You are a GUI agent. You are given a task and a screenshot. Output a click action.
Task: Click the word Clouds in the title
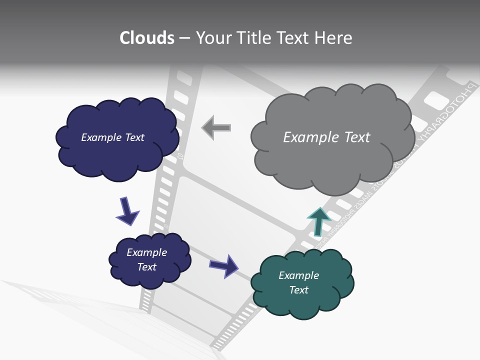(x=147, y=38)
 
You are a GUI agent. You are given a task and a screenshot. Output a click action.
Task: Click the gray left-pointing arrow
(x=216, y=127)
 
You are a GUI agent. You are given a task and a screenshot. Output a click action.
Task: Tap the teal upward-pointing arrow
(x=318, y=221)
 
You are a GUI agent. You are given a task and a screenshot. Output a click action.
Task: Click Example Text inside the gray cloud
(x=326, y=137)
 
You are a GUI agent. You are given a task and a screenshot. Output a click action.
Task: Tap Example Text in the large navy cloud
(x=112, y=137)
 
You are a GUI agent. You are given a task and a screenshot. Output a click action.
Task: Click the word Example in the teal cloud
(x=298, y=275)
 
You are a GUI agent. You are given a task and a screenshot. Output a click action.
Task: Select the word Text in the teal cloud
(x=298, y=290)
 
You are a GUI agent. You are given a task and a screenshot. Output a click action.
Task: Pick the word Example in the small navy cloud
(x=146, y=252)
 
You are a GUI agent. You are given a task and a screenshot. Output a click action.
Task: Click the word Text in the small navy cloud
(x=146, y=267)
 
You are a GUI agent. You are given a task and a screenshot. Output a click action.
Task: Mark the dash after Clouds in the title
(x=184, y=38)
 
